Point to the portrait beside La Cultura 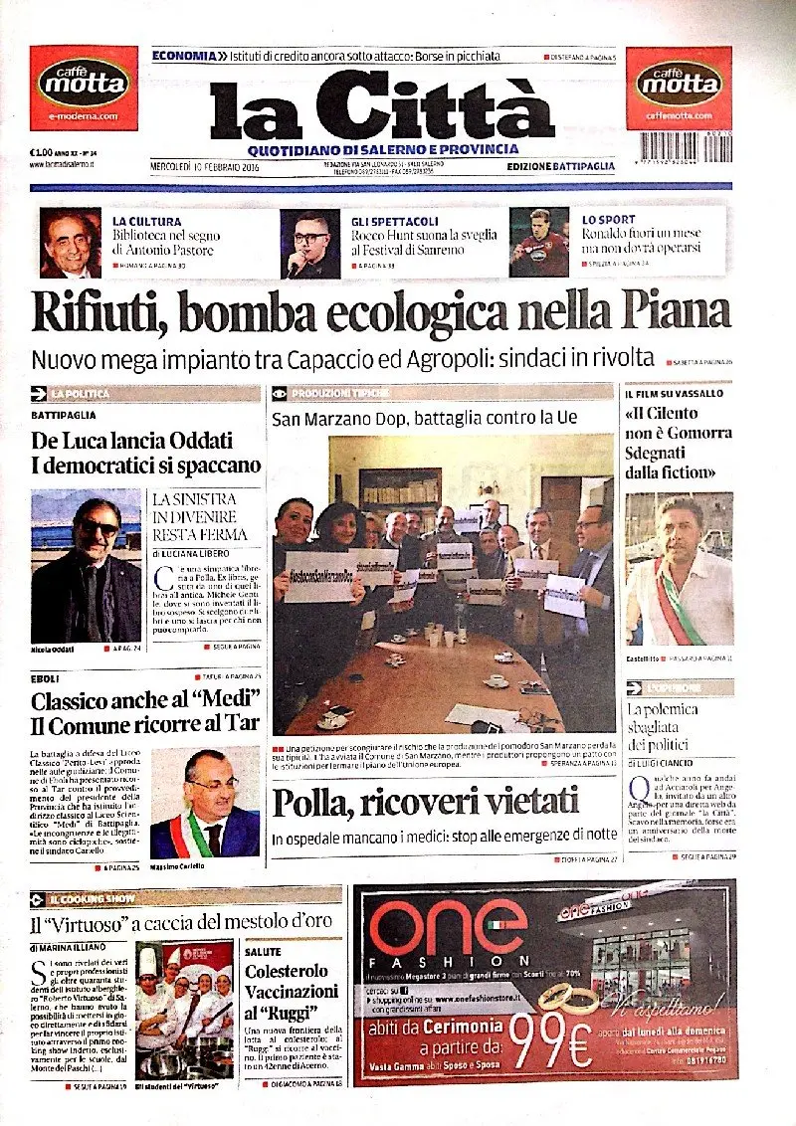pos(70,243)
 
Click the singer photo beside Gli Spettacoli pos(310,244)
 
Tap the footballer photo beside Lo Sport pos(538,242)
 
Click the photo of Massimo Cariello pos(204,803)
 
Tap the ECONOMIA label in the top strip pos(182,56)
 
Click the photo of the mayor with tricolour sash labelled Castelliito pos(679,570)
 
